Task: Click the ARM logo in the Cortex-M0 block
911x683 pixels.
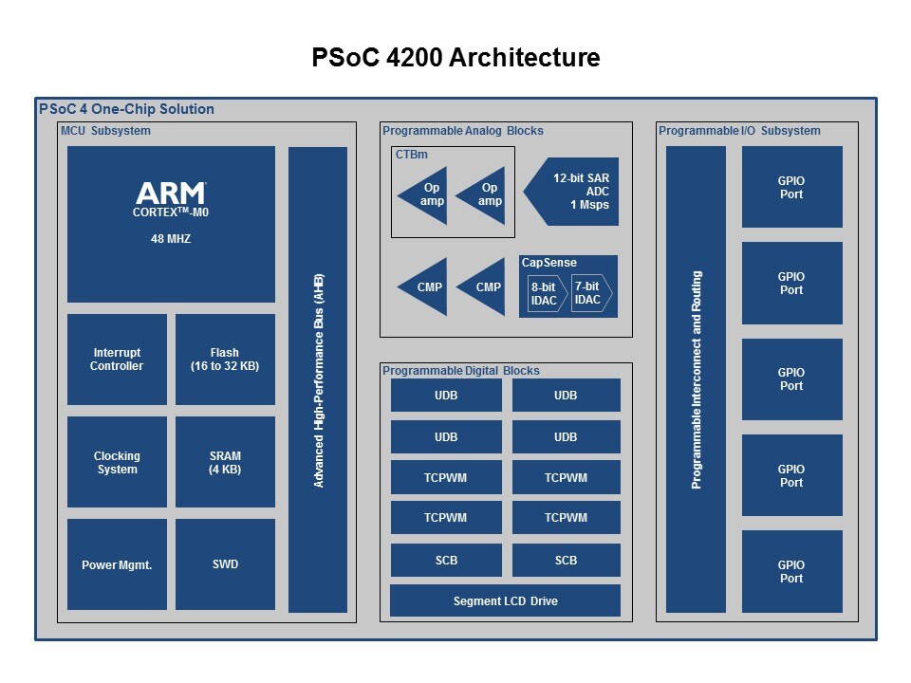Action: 171,194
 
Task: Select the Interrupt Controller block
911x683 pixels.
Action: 117,360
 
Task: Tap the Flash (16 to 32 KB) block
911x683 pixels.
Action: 225,360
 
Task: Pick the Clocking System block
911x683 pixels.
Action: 117,463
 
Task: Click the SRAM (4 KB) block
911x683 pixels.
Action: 225,463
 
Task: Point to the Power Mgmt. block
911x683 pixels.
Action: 117,565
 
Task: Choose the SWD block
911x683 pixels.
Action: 225,564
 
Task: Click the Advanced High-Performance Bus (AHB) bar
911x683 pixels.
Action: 318,379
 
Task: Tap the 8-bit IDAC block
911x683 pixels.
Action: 545,293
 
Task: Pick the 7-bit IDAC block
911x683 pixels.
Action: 590,293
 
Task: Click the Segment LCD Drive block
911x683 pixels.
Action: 505,600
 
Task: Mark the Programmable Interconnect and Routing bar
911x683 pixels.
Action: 696,379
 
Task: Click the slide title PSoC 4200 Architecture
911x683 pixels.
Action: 455,58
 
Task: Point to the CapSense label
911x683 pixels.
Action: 548,263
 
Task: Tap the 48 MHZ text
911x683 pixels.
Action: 171,239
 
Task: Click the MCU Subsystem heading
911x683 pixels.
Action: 105,131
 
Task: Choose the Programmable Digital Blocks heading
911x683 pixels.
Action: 460,371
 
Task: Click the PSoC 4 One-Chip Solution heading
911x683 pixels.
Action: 126,109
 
